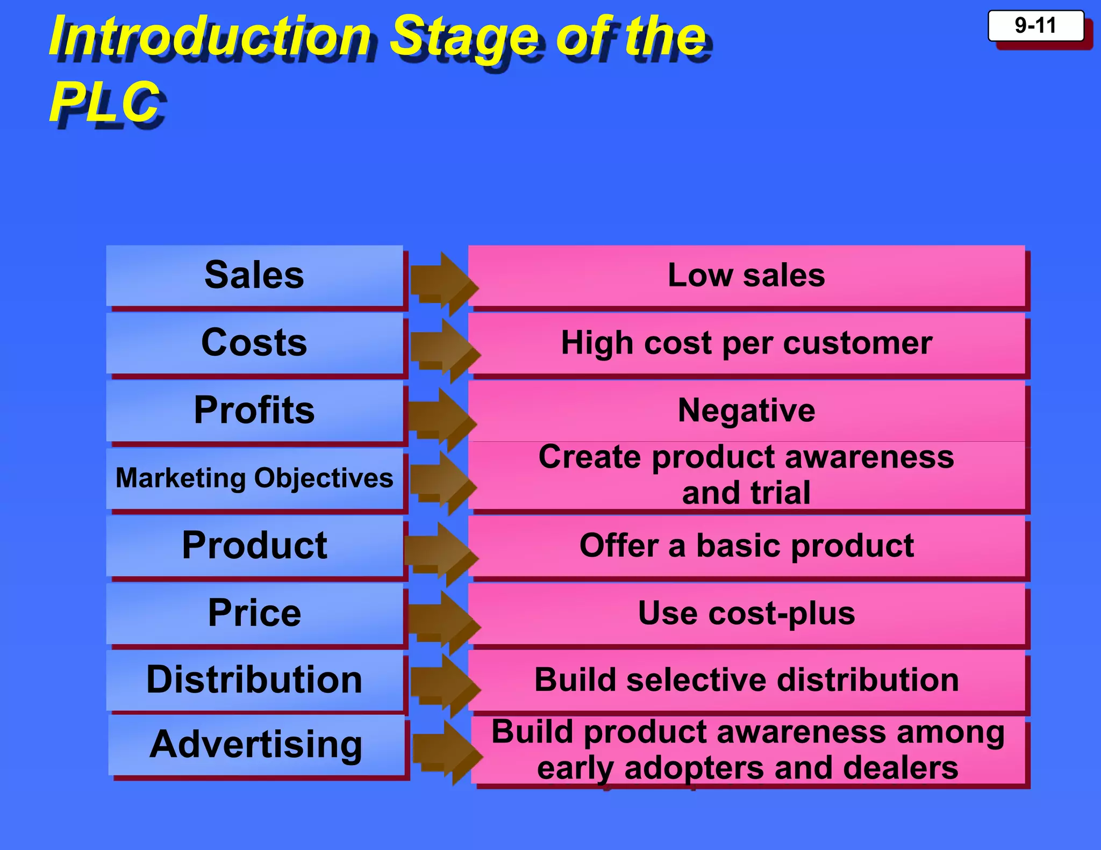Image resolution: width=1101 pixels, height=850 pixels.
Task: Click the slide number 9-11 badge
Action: coord(1035,26)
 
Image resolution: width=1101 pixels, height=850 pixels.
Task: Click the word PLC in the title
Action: coord(105,102)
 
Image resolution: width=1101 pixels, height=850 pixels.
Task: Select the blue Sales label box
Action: coord(254,276)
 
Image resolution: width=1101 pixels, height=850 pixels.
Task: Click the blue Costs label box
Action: coord(254,343)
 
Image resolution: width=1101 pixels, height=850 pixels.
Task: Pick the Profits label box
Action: coord(254,410)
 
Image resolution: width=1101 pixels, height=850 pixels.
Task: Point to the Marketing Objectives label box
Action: coord(254,478)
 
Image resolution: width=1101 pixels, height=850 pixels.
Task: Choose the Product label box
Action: coord(254,546)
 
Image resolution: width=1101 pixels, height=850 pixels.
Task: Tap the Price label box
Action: coord(254,613)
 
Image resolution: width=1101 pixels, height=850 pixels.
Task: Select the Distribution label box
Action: coord(254,680)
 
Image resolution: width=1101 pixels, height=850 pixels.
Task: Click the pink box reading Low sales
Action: coord(746,276)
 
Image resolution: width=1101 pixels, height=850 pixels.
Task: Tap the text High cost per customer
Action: coord(746,343)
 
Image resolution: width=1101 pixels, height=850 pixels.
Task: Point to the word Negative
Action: coord(746,410)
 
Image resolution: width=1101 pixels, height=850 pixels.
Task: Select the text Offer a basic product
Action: coord(746,546)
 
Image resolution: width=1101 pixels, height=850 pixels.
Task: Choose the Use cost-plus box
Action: coord(746,613)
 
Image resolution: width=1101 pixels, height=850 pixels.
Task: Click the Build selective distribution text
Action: coord(746,680)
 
